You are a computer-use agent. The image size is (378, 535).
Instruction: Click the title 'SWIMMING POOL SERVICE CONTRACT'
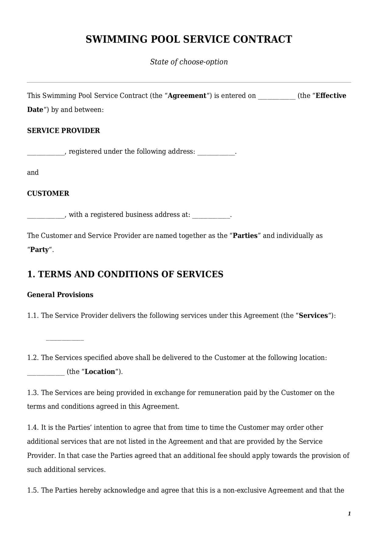click(x=189, y=39)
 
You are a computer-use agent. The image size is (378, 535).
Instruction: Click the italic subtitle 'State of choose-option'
click(x=189, y=62)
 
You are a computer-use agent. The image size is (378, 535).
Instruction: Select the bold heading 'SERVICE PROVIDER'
click(x=63, y=131)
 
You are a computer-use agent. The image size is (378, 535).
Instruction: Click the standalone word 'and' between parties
click(x=33, y=173)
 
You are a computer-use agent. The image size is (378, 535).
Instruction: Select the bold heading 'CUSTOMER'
click(x=48, y=193)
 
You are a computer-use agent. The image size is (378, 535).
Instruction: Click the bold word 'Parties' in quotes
click(x=245, y=236)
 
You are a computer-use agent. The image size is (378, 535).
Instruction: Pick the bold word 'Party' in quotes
click(x=40, y=250)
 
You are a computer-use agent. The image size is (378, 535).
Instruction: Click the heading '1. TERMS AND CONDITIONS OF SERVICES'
click(x=125, y=274)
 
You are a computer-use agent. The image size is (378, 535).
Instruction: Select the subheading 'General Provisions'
click(x=60, y=295)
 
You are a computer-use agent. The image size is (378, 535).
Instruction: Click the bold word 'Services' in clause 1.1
click(x=313, y=316)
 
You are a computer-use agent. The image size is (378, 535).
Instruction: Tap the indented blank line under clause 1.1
click(x=65, y=339)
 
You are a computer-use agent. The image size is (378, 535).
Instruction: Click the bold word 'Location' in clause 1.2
click(x=100, y=372)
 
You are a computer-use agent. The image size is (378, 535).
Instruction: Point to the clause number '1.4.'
click(x=33, y=428)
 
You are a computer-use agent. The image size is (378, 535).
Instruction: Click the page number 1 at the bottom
click(x=349, y=514)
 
